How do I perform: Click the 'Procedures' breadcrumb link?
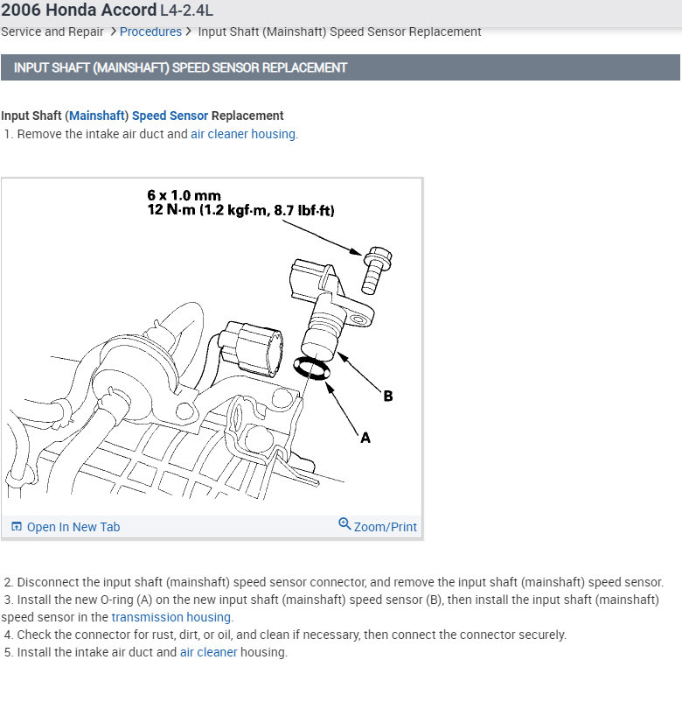(150, 32)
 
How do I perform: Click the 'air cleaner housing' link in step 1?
(243, 134)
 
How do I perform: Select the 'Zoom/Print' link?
(379, 526)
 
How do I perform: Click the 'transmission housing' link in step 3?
(171, 617)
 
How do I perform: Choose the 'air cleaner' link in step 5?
(209, 652)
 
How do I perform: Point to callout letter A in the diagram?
(365, 437)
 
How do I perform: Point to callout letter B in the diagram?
(387, 396)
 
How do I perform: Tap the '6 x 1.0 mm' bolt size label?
(184, 196)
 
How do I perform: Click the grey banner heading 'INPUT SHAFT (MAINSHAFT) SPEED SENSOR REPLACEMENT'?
(180, 67)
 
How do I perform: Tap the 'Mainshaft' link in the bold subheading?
(96, 116)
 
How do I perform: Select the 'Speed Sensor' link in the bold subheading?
(170, 116)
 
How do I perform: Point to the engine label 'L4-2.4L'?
(186, 11)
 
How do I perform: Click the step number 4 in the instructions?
(8, 635)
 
